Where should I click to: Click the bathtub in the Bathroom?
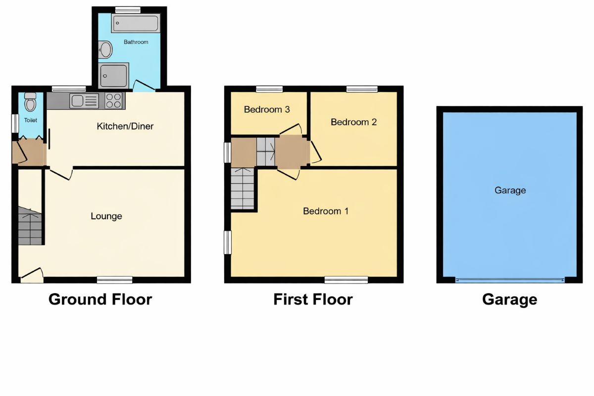[136, 23]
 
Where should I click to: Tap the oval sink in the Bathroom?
[105, 49]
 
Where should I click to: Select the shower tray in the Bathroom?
[113, 76]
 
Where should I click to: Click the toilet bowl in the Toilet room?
[30, 102]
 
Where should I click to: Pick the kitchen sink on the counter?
[84, 101]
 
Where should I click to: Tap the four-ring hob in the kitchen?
[114, 101]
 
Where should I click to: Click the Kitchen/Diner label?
[125, 126]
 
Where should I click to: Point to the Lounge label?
[106, 216]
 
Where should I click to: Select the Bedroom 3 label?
[267, 109]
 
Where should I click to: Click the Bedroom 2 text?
[354, 122]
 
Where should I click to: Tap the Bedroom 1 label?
[326, 211]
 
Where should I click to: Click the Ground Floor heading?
[100, 299]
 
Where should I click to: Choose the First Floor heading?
[313, 299]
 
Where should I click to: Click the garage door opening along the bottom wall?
[510, 280]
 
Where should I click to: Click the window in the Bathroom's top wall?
[128, 10]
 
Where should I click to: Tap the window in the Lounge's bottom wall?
[114, 280]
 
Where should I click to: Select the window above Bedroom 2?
[362, 89]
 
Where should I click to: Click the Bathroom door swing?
[144, 86]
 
